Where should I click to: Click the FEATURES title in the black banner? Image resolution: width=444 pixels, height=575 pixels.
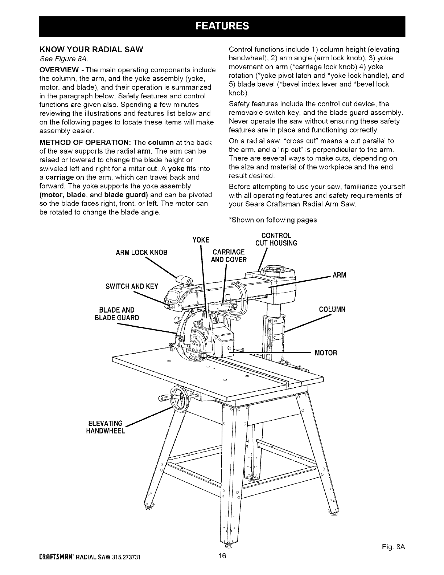[x=222, y=26]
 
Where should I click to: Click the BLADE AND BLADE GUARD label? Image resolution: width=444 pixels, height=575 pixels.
[x=116, y=314]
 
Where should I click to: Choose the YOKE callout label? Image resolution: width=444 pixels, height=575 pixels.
[x=201, y=240]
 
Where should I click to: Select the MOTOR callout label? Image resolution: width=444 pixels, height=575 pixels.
[x=326, y=352]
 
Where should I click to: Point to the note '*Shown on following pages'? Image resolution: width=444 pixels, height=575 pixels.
[x=272, y=220]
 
